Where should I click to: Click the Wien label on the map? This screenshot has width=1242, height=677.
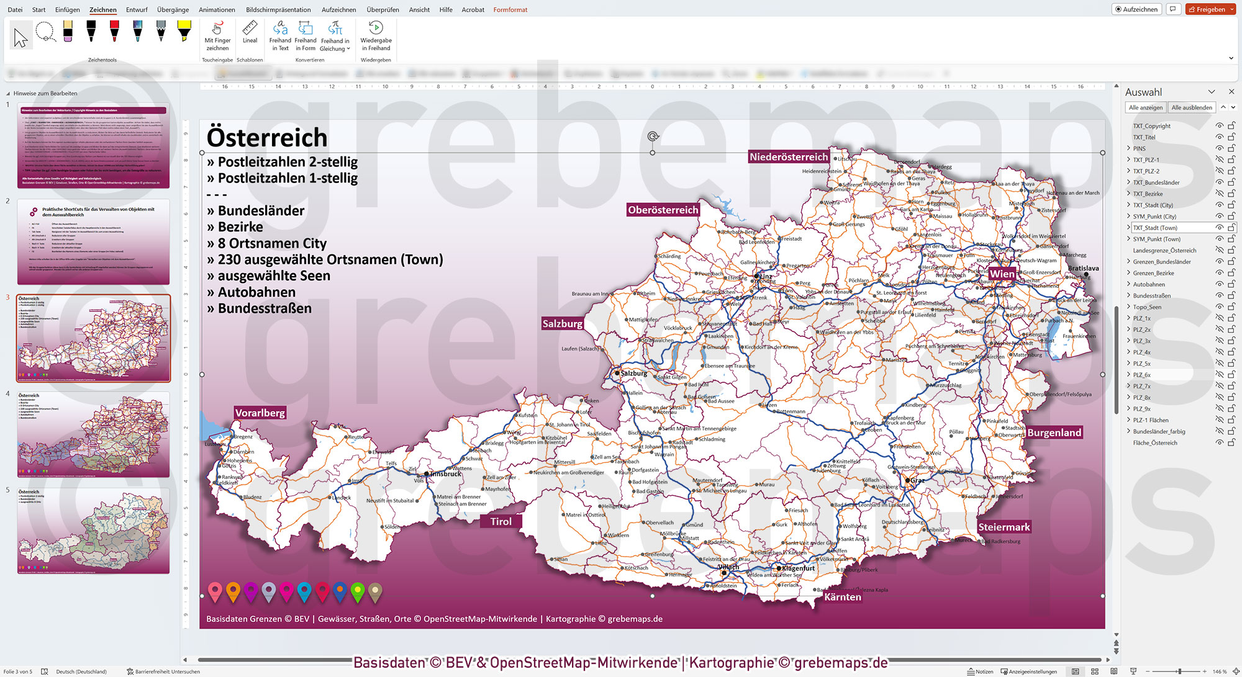[x=1002, y=274]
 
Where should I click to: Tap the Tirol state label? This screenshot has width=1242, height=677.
[x=501, y=521]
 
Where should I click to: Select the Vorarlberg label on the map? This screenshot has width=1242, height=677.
[x=260, y=413]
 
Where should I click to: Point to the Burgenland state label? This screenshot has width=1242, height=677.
[x=1054, y=433]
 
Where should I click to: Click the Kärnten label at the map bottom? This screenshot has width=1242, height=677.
[x=842, y=597]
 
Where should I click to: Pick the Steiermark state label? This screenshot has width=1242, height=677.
[x=1004, y=527]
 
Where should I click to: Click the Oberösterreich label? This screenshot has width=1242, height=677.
[x=663, y=210]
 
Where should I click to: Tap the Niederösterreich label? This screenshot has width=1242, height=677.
[x=788, y=157]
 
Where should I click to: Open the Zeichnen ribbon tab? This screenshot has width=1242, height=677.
[x=103, y=10]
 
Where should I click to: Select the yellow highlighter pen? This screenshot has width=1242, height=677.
[x=184, y=31]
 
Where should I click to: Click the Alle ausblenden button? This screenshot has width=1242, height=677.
[x=1191, y=107]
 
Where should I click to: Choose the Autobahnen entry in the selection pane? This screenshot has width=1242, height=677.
[x=1149, y=284]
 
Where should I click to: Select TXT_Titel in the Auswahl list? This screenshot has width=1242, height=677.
[x=1144, y=137]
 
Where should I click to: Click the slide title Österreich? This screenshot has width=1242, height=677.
[x=267, y=137]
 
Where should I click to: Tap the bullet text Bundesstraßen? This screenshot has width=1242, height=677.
[x=265, y=308]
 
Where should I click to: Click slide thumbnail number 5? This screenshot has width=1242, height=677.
[x=93, y=531]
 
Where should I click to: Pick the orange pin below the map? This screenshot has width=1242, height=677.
[x=233, y=591]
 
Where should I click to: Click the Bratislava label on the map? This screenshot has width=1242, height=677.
[x=1083, y=268]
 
